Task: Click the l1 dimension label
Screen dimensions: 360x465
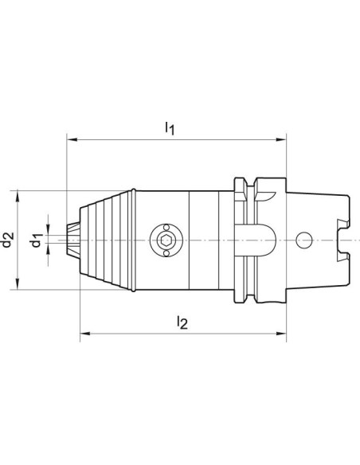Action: (170, 128)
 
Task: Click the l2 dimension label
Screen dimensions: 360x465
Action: (182, 322)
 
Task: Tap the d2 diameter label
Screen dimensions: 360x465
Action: (8, 240)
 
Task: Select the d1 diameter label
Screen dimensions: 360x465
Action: (37, 240)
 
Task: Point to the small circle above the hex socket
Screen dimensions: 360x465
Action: (166, 227)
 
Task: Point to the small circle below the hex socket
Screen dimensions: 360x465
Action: (166, 253)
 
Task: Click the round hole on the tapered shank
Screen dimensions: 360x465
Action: (304, 240)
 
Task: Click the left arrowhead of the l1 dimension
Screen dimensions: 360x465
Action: (72, 139)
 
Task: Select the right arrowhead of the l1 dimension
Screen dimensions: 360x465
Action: (281, 139)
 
